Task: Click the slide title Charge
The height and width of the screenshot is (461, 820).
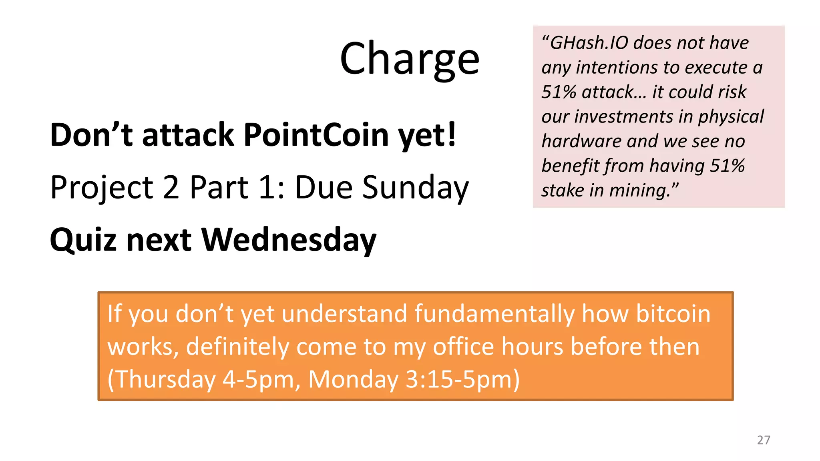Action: click(x=409, y=59)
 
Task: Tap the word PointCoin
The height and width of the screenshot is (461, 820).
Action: click(x=316, y=135)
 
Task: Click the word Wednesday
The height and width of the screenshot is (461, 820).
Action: click(x=289, y=240)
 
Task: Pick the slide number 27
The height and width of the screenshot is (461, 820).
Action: click(x=763, y=440)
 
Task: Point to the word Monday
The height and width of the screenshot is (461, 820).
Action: click(x=353, y=379)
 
